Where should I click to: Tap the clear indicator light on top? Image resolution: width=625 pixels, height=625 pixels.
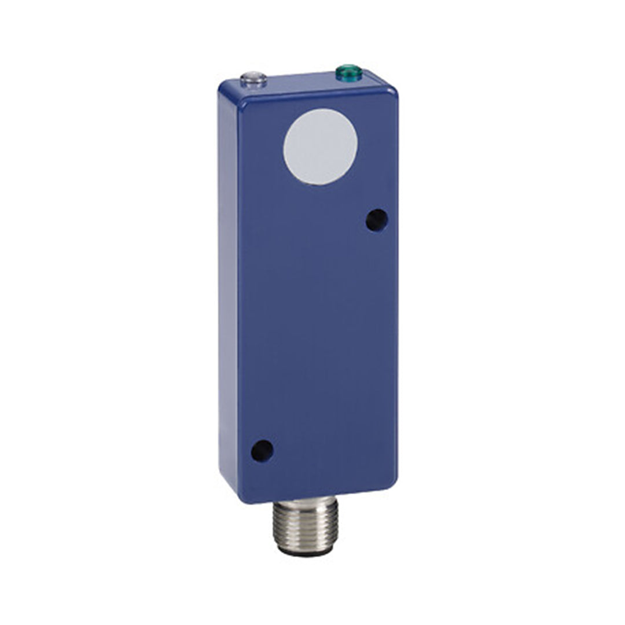pos(253,79)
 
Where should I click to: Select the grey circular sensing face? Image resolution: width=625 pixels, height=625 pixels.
pos(320,147)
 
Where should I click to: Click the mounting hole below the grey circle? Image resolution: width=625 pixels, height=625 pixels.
pos(377,220)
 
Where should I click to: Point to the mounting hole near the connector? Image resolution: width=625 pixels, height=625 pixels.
pos(262,450)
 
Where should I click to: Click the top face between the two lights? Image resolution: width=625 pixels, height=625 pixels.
pos(301,82)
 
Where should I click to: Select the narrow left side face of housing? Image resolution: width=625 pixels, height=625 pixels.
pos(228,289)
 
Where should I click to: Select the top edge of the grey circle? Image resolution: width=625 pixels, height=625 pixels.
pos(320,110)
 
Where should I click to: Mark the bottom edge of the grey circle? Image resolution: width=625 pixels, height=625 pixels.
pos(320,185)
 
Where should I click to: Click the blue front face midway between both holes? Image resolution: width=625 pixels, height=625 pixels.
pos(319,335)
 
